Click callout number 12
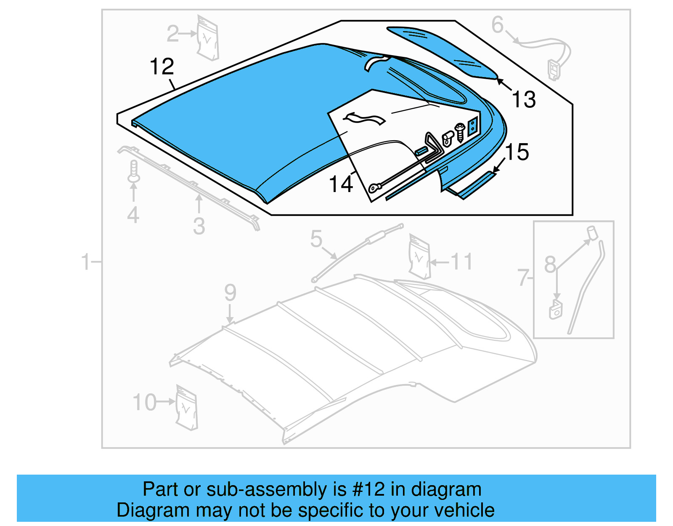(162, 67)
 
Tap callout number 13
(524, 100)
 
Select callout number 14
(341, 184)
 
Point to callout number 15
(517, 152)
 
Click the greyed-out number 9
(230, 292)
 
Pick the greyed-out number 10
(144, 402)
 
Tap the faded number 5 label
(316, 239)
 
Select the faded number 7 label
(523, 278)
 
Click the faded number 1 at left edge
(85, 262)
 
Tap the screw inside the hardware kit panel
(460, 132)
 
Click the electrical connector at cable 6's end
(554, 69)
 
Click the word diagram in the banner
(446, 489)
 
